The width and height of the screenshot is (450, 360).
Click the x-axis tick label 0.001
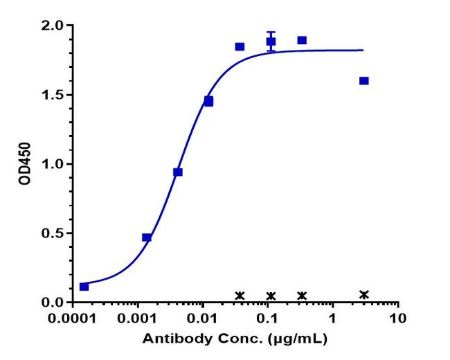[x=138, y=319]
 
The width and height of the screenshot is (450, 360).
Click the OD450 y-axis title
[x=25, y=164]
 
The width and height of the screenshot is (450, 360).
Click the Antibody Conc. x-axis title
[x=235, y=340]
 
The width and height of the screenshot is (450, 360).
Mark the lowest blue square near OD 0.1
[x=84, y=287]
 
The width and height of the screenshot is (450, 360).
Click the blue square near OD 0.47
[x=147, y=237]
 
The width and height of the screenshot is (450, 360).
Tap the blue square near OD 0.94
[x=178, y=172]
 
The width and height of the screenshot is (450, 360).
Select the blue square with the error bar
[x=271, y=42]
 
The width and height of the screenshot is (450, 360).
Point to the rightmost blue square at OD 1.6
[x=364, y=81]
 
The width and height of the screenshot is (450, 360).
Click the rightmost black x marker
[x=364, y=294]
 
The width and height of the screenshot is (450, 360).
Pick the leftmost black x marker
[x=240, y=296]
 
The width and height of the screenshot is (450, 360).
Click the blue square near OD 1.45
[x=208, y=101]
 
